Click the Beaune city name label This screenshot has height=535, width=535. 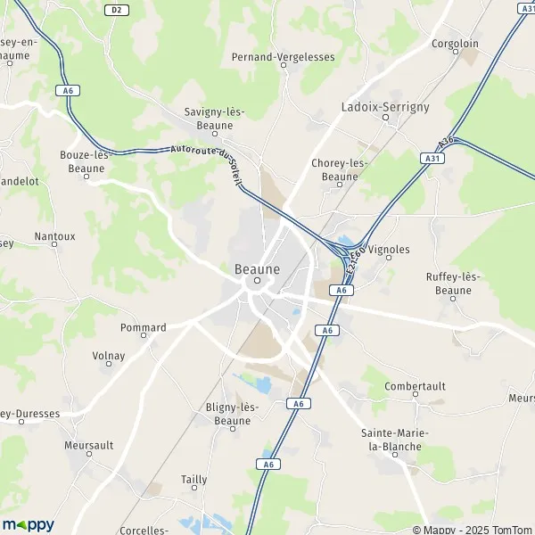click(x=257, y=267)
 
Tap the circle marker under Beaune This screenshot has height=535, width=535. click(x=257, y=280)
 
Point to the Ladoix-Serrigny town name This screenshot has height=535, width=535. click(x=385, y=107)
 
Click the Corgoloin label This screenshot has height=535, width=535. click(x=454, y=43)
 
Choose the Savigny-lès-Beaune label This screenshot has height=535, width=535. click(x=214, y=119)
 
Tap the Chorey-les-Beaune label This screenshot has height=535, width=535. click(x=340, y=169)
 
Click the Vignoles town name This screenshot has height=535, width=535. click(x=389, y=251)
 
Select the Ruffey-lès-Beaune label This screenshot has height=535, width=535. click(x=453, y=284)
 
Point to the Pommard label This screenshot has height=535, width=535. click(x=143, y=328)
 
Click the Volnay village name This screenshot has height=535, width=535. click(x=109, y=356)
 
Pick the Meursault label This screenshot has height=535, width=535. click(x=89, y=445)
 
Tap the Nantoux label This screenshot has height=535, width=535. click(x=54, y=237)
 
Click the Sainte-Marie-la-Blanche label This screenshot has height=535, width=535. click(x=394, y=440)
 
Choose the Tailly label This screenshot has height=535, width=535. click(x=193, y=480)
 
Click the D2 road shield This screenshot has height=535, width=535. click(x=115, y=10)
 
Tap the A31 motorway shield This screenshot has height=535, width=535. click(x=432, y=158)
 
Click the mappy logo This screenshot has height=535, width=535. click(x=28, y=524)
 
